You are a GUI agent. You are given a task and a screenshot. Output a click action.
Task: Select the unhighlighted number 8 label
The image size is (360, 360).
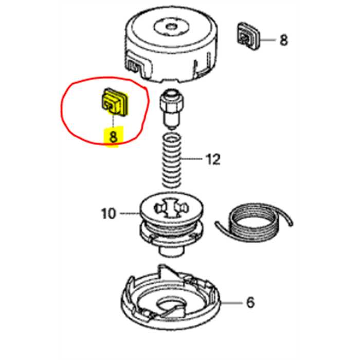tap(284, 40)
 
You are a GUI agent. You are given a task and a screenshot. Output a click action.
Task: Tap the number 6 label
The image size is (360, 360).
tap(250, 302)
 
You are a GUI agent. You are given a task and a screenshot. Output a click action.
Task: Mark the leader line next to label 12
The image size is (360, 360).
tap(193, 160)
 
